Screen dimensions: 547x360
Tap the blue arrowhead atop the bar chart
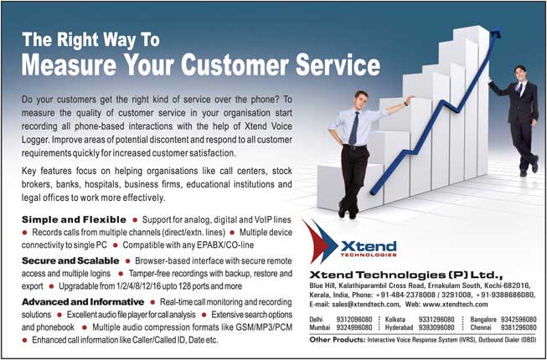click(x=496, y=33)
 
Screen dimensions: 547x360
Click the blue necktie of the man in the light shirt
click(x=353, y=127)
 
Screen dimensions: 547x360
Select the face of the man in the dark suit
click(x=520, y=73)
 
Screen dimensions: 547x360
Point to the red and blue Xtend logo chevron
click(x=320, y=241)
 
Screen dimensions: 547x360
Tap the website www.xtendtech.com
click(x=450, y=304)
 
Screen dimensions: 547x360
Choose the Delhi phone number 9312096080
click(x=353, y=319)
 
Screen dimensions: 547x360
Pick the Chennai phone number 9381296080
click(x=519, y=327)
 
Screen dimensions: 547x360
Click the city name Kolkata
click(x=395, y=319)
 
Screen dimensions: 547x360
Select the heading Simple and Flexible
click(x=74, y=219)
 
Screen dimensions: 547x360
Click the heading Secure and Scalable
click(x=70, y=260)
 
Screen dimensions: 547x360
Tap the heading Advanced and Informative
click(x=83, y=301)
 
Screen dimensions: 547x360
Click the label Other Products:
click(x=337, y=339)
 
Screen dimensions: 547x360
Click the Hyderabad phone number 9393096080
click(x=436, y=327)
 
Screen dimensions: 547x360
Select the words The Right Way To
click(x=90, y=39)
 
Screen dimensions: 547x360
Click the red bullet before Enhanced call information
click(x=24, y=340)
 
